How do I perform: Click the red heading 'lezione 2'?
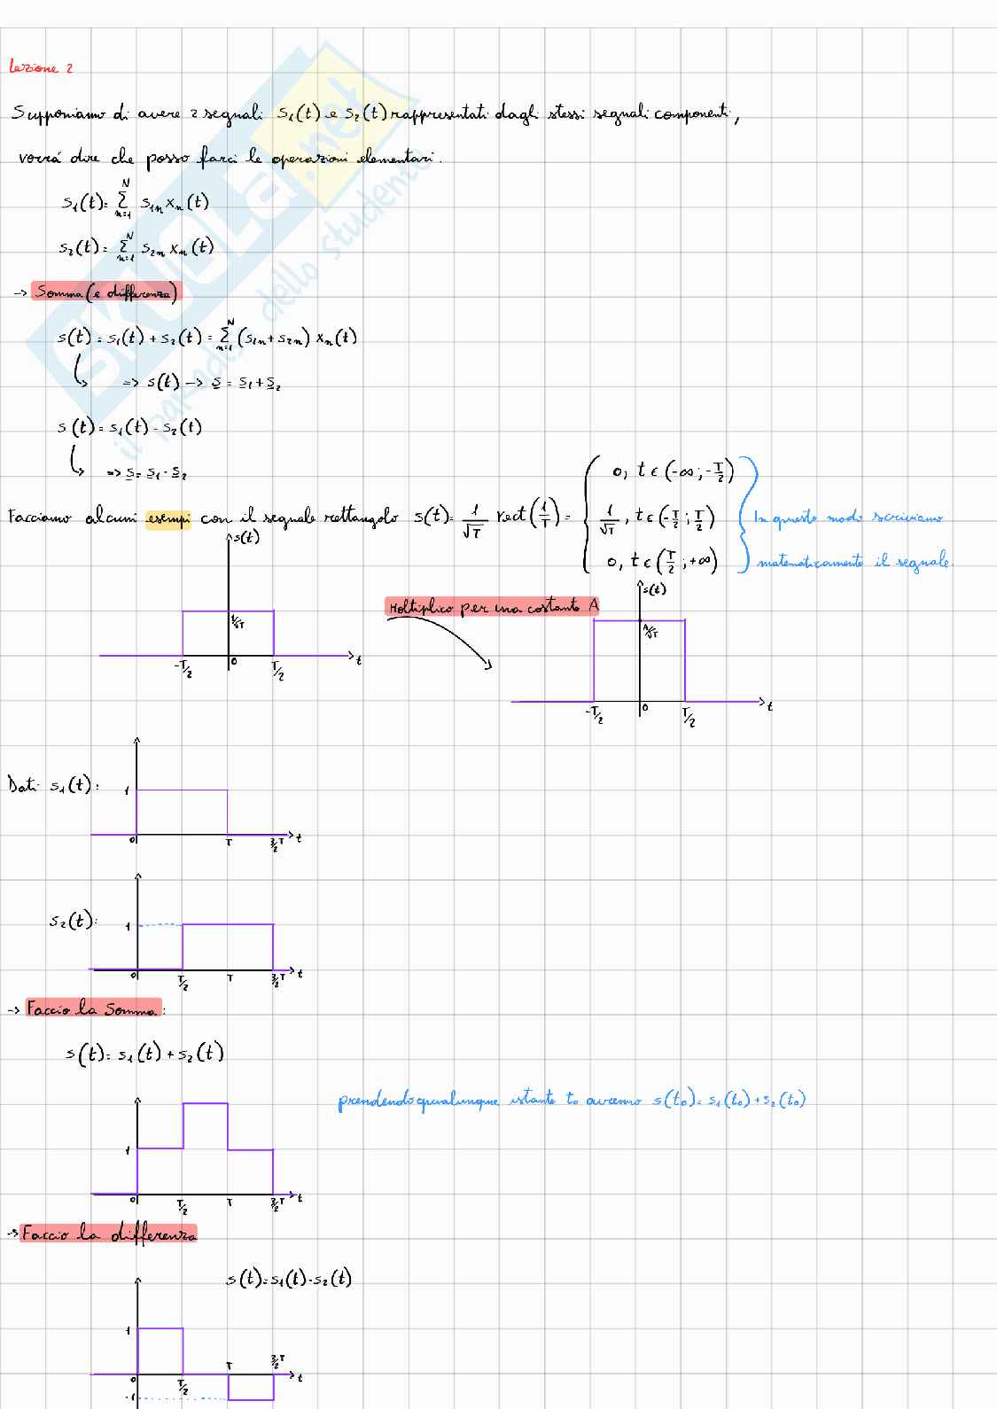(41, 67)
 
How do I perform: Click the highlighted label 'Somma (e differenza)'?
(105, 292)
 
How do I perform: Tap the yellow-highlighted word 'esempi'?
(167, 518)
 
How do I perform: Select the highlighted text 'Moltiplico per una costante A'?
(493, 607)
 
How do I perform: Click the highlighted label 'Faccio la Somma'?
(93, 1008)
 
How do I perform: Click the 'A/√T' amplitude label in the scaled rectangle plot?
(650, 632)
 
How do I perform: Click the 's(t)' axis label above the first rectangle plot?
(245, 537)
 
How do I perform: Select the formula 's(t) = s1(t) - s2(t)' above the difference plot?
(289, 1279)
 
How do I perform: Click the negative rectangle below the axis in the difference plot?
(250, 1387)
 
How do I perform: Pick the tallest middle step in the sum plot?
(206, 1125)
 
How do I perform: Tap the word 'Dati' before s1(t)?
(20, 785)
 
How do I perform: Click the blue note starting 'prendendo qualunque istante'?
(572, 1102)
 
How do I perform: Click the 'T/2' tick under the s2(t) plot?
(183, 982)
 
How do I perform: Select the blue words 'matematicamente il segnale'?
(853, 561)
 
